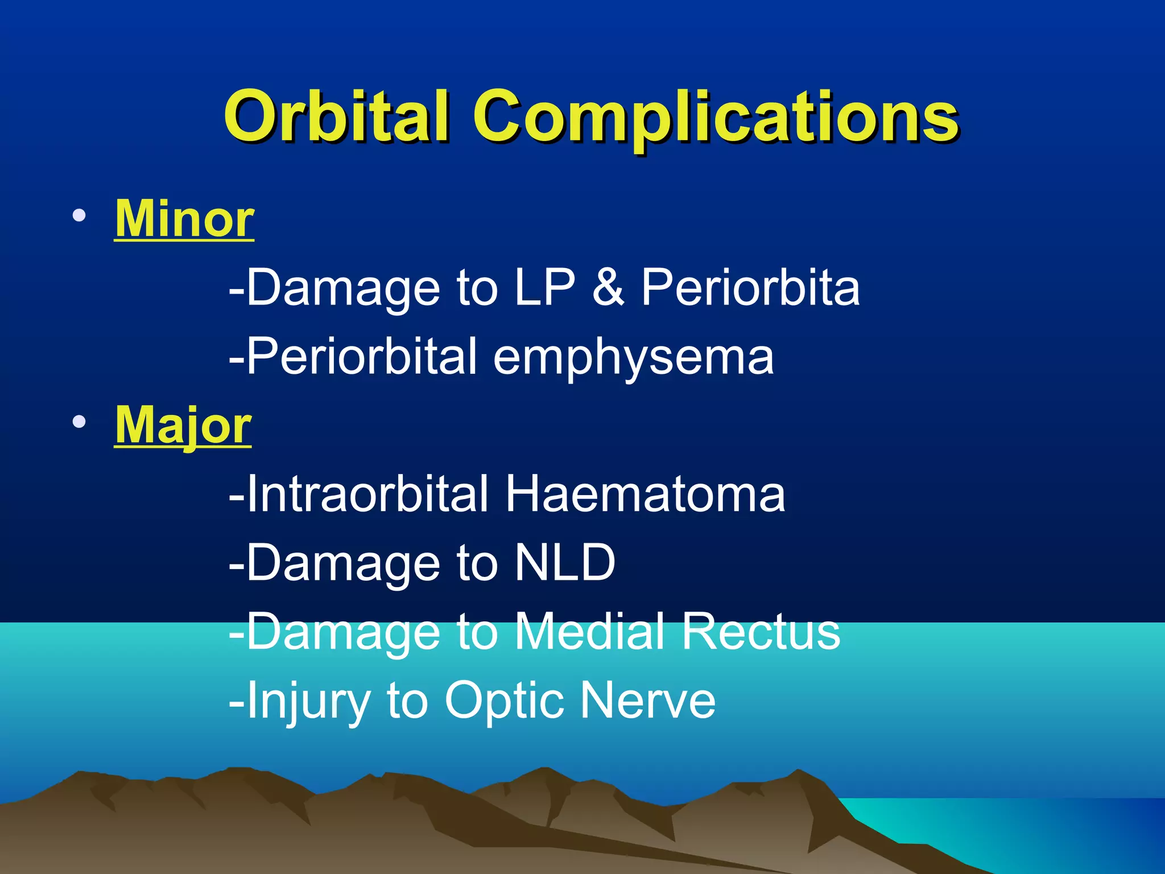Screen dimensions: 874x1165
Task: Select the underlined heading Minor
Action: click(184, 219)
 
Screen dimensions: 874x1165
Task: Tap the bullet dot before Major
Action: click(79, 422)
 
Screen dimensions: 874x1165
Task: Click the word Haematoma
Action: click(645, 494)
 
